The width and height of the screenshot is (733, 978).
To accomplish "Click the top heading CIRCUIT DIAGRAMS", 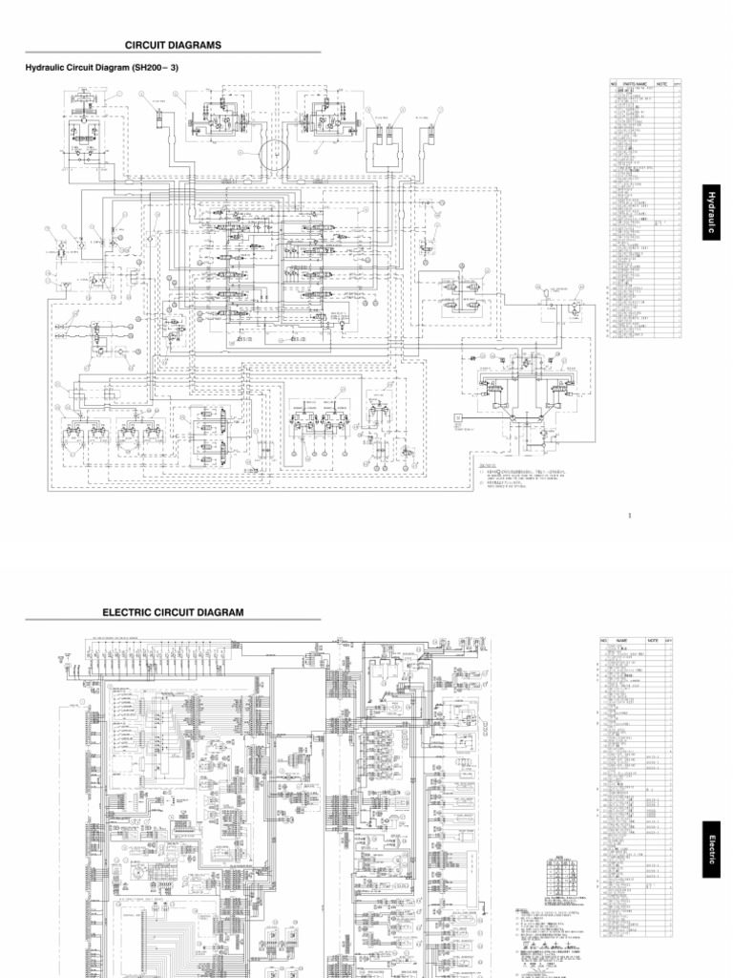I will point(173,45).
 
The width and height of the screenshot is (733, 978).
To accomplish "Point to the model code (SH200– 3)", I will point(156,68).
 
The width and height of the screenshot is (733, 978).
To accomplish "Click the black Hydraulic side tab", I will point(710,212).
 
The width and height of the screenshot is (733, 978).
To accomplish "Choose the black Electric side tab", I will point(710,848).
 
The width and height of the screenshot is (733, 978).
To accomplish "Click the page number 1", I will point(630,517).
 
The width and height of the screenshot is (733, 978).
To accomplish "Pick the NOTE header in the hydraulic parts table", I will point(660,84).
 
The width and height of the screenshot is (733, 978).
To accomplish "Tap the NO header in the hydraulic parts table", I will point(614,84).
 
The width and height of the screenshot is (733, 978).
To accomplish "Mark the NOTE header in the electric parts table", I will point(653,640).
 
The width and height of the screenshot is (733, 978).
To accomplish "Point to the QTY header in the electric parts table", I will point(668,640).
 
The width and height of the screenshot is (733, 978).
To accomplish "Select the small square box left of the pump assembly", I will point(458,417).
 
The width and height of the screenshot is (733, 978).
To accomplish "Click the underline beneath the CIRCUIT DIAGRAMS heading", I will point(173,53).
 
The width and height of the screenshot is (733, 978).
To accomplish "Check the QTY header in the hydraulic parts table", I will point(677,84).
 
